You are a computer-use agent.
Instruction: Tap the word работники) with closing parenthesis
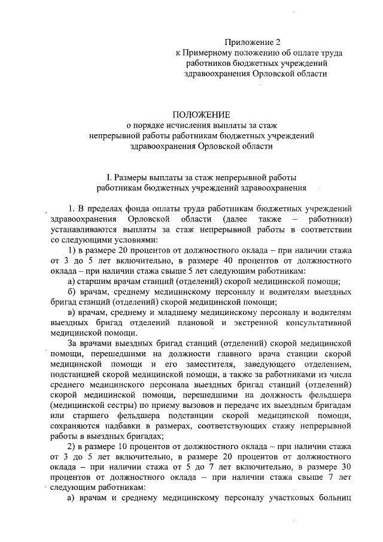click(326, 219)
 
